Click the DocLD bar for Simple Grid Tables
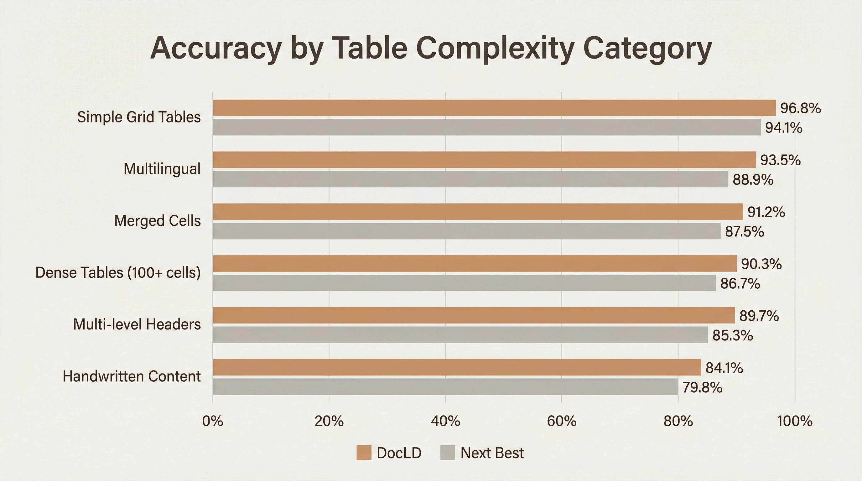tap(494, 108)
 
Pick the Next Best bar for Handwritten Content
tap(445, 387)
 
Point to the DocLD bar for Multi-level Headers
tap(474, 315)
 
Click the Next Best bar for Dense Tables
tap(464, 283)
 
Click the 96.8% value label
tap(800, 108)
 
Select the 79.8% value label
tap(702, 388)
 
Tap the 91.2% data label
tap(766, 212)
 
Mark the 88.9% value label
tap(753, 180)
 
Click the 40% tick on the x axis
tap(445, 421)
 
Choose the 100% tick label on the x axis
tap(795, 421)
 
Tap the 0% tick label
tap(212, 421)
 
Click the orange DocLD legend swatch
tap(364, 453)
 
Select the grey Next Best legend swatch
tap(447, 453)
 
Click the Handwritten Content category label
tap(132, 377)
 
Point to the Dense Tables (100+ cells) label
tap(118, 273)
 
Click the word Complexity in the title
tap(495, 49)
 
